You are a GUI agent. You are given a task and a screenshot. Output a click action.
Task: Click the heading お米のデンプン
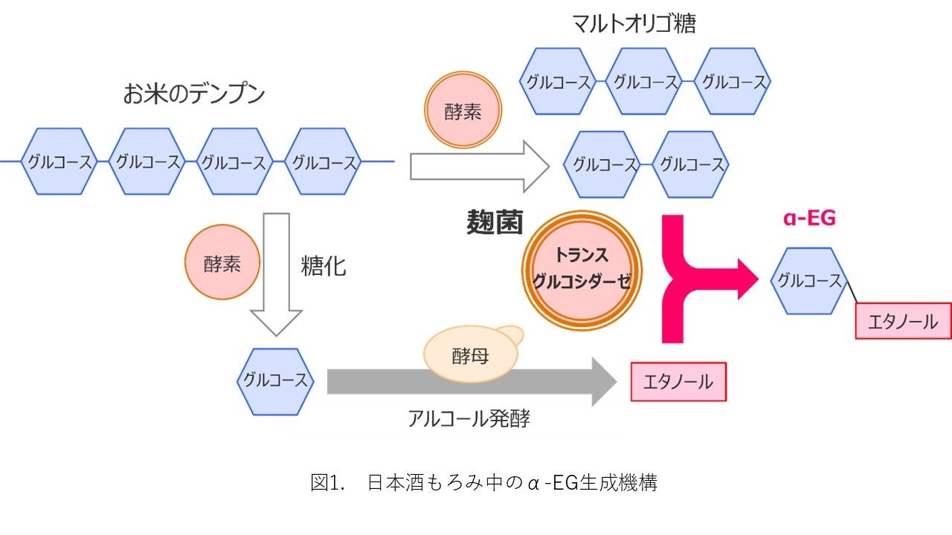point(194,94)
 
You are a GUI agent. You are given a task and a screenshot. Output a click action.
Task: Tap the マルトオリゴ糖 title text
point(634,25)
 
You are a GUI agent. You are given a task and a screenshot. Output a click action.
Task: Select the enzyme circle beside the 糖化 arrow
point(222,264)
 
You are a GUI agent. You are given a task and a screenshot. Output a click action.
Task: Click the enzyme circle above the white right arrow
point(463,111)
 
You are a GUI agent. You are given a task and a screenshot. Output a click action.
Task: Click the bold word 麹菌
point(495,222)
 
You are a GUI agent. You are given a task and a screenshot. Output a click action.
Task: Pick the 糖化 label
point(324,266)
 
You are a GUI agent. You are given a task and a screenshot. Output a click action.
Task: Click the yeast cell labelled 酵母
point(471,354)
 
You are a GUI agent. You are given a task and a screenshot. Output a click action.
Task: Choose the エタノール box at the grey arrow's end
point(678,382)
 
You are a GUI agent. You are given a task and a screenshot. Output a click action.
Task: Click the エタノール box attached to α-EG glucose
point(903,322)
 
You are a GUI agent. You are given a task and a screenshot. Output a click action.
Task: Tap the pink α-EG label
point(809,218)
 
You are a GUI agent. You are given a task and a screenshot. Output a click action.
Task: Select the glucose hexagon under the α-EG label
point(809,280)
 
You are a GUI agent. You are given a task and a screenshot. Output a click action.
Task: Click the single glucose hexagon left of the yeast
point(274,380)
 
